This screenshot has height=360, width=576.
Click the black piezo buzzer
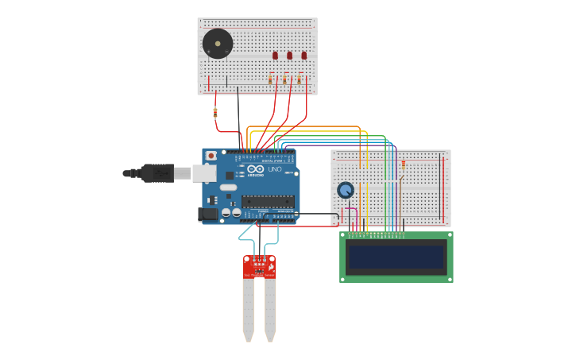[x=217, y=43]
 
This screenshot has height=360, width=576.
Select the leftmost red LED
[x=275, y=56]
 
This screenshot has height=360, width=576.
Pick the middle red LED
[x=289, y=56]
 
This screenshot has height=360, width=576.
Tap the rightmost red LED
[x=303, y=56]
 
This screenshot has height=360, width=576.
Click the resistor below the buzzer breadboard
[x=215, y=113]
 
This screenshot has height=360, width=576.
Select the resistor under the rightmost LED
[x=299, y=79]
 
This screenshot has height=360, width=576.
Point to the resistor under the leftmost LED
[x=270, y=79]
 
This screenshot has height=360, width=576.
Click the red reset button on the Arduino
[x=211, y=156]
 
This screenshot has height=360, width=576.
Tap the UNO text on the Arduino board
[x=275, y=169]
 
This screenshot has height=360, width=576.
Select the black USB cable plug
[x=157, y=173]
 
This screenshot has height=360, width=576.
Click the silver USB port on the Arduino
[x=204, y=173]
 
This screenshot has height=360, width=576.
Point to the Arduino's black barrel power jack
[x=208, y=213]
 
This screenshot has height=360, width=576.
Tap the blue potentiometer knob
[x=345, y=190]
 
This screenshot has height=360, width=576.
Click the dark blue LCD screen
[x=396, y=257]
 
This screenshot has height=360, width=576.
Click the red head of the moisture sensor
[x=259, y=266]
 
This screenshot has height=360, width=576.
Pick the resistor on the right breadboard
[x=403, y=165]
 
